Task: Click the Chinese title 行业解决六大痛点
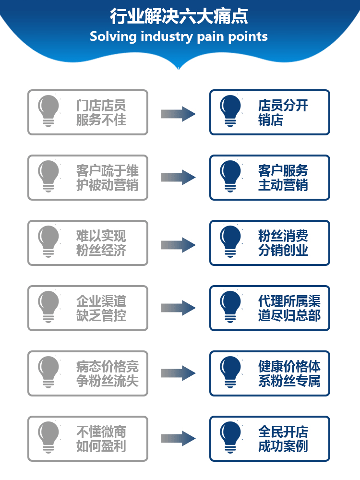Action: [x=179, y=16]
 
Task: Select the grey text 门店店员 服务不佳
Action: [x=101, y=112]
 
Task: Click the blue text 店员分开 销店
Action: [x=283, y=112]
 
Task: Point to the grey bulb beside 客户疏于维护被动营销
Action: [x=48, y=176]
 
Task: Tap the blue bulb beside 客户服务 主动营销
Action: [x=230, y=176]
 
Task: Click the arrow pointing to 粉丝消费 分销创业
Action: [x=178, y=245]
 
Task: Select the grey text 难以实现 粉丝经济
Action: [x=101, y=243]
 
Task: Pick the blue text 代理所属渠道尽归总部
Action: [x=289, y=308]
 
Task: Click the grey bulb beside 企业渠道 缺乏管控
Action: [x=48, y=307]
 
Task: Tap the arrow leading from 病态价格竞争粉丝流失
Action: [x=178, y=373]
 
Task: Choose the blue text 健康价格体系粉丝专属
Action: [x=289, y=373]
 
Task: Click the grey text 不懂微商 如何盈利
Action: [x=101, y=439]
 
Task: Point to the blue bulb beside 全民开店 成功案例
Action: [x=230, y=437]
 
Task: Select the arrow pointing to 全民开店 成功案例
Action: [x=178, y=439]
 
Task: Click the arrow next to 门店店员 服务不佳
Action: [x=178, y=114]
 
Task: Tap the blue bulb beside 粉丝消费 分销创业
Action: [x=230, y=241]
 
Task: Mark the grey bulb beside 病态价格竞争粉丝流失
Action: [x=48, y=372]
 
